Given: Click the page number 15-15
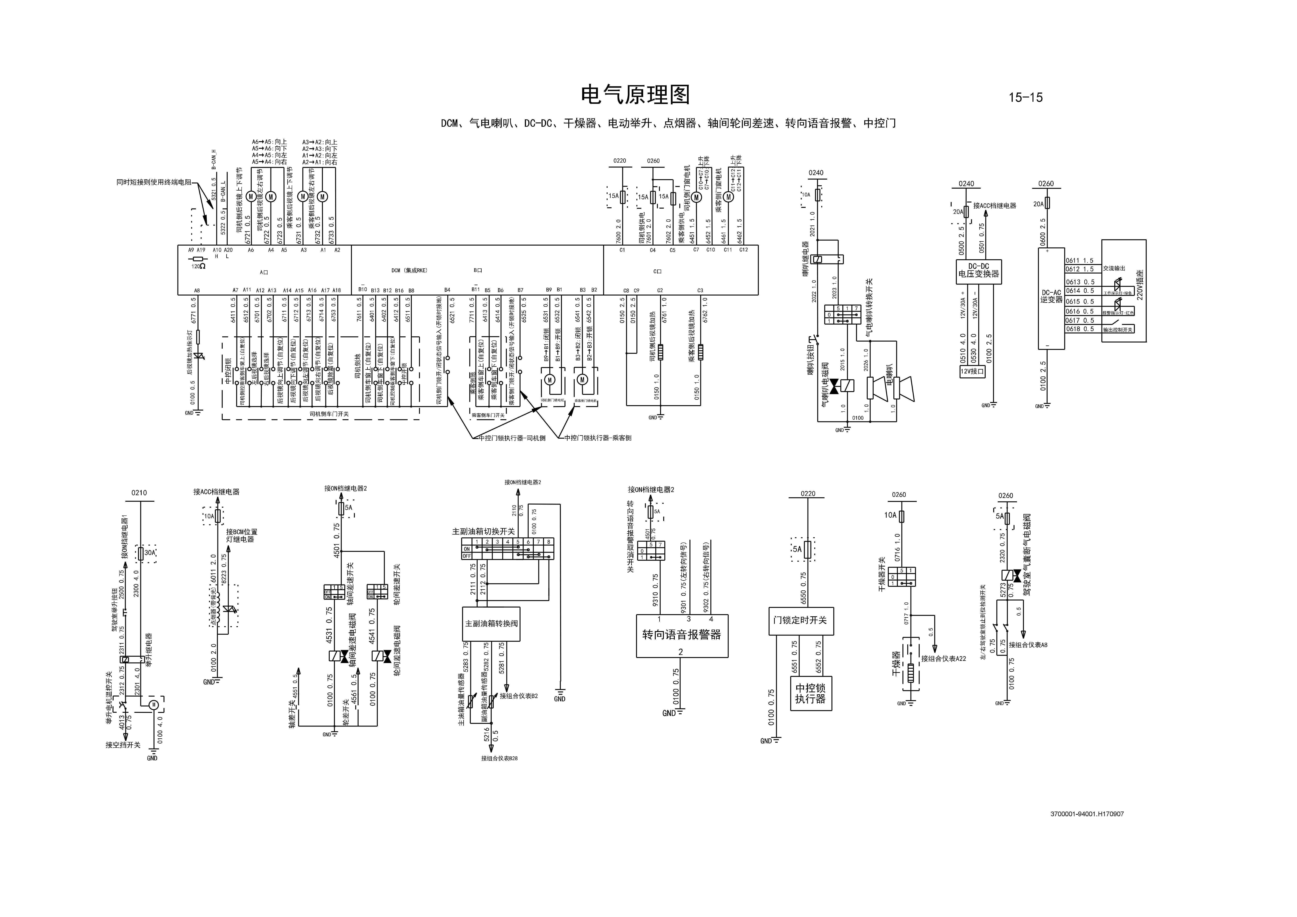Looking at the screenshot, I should pos(1025,97).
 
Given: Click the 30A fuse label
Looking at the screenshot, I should pos(150,553).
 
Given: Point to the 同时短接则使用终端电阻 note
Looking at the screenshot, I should pos(154,183).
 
